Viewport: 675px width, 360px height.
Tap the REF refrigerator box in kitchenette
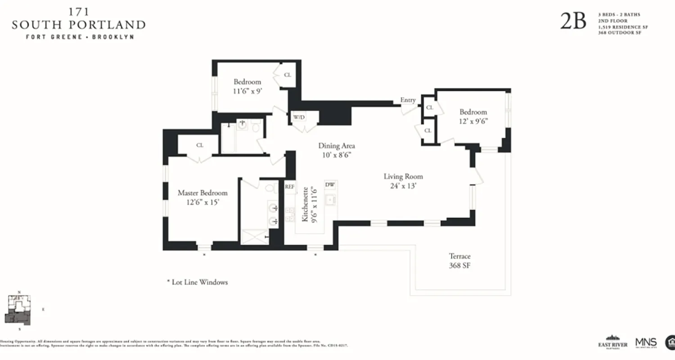point(289,186)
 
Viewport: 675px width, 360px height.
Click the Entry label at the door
point(408,100)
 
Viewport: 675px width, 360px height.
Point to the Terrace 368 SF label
point(459,261)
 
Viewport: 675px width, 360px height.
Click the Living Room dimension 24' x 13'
point(403,185)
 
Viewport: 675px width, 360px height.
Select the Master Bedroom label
point(202,193)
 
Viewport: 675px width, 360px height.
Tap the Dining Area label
point(337,146)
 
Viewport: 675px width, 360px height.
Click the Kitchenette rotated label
point(305,205)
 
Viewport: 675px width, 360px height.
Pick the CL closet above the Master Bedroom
point(200,145)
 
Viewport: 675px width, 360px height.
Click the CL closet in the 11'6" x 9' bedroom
point(288,75)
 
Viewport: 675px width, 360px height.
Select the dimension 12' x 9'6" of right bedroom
point(473,121)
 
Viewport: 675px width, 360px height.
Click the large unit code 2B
point(573,21)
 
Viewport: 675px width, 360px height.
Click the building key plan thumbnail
point(19,310)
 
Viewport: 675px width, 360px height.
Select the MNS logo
point(646,342)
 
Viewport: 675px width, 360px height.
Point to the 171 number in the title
point(78,12)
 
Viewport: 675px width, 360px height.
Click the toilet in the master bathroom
point(271,188)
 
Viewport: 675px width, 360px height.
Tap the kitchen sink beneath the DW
point(331,199)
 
